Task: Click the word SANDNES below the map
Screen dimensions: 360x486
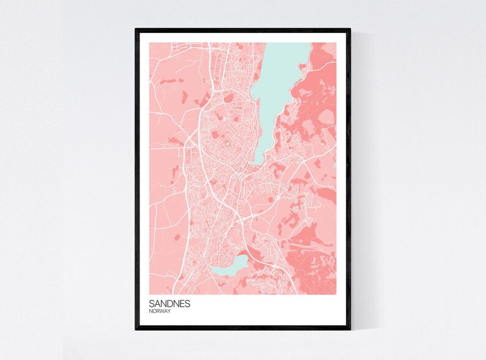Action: point(169,304)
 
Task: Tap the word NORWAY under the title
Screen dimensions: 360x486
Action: point(160,312)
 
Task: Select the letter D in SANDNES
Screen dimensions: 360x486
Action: point(170,304)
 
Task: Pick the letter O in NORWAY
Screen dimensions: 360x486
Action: point(154,312)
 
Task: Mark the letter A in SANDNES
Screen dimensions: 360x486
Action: point(157,304)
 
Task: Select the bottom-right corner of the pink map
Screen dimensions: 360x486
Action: point(336,294)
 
